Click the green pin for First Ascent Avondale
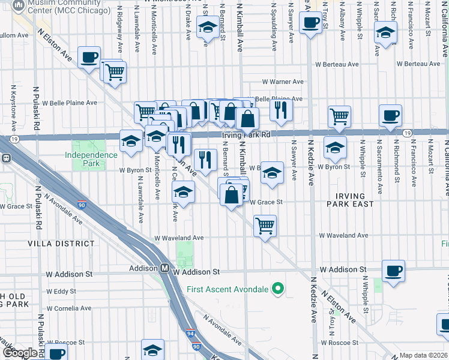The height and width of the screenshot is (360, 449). tap(277, 290)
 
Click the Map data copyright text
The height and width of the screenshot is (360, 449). tap(423, 355)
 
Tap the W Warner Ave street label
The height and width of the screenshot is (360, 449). tap(282, 82)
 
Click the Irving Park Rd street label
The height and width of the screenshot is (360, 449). tap(246, 136)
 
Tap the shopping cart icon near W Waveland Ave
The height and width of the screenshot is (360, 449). tap(265, 226)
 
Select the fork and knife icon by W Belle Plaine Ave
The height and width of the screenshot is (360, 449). tap(280, 109)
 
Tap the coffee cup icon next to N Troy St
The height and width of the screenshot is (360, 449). tap(310, 23)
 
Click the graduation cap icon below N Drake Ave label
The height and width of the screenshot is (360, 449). tap(207, 28)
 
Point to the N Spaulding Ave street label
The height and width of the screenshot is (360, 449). tap(274, 24)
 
